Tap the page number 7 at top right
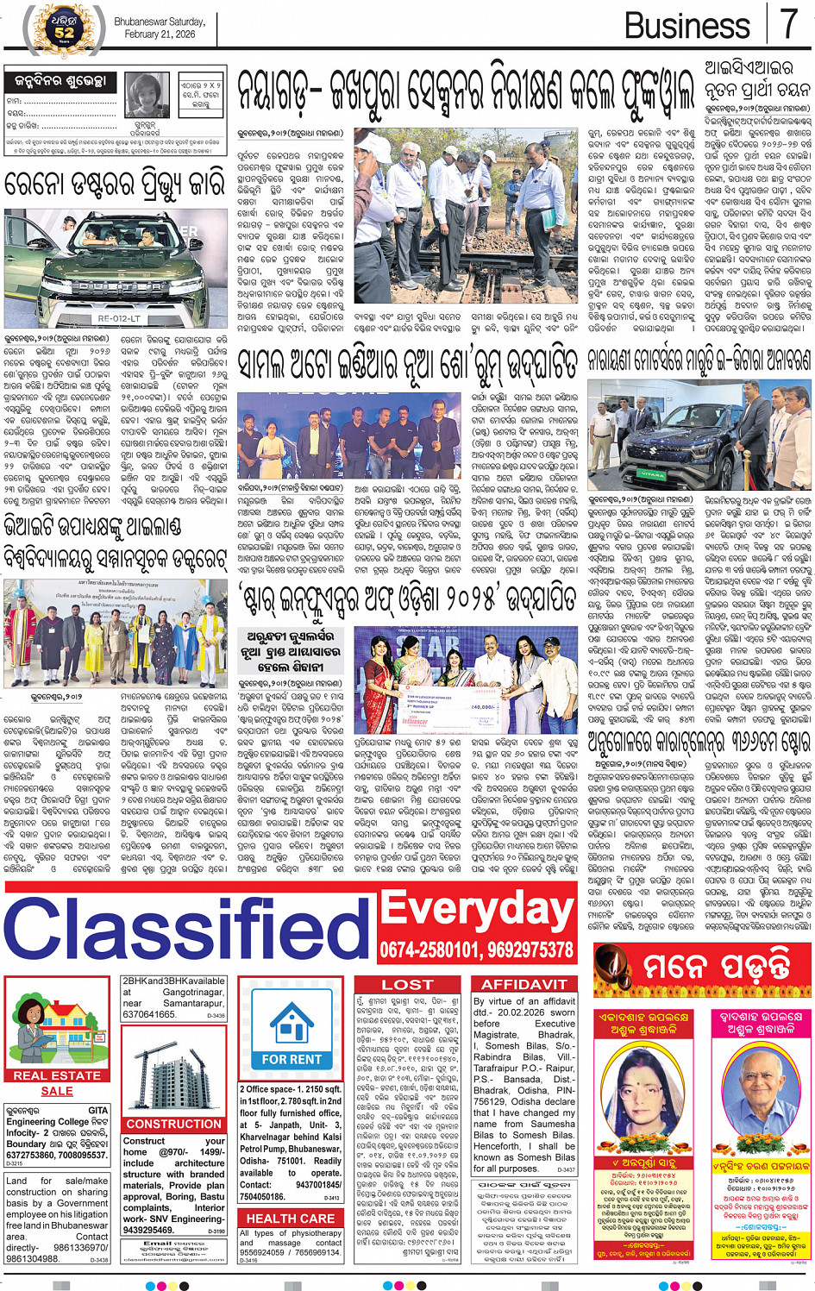(x=788, y=23)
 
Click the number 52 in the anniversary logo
(x=65, y=33)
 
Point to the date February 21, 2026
(x=160, y=34)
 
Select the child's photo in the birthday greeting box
(x=148, y=96)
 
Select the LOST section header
(x=408, y=985)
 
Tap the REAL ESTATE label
(x=57, y=1075)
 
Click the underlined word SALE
(x=57, y=1091)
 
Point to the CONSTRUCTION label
(x=173, y=1124)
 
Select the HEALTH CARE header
(x=291, y=1219)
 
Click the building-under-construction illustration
(x=173, y=1072)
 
